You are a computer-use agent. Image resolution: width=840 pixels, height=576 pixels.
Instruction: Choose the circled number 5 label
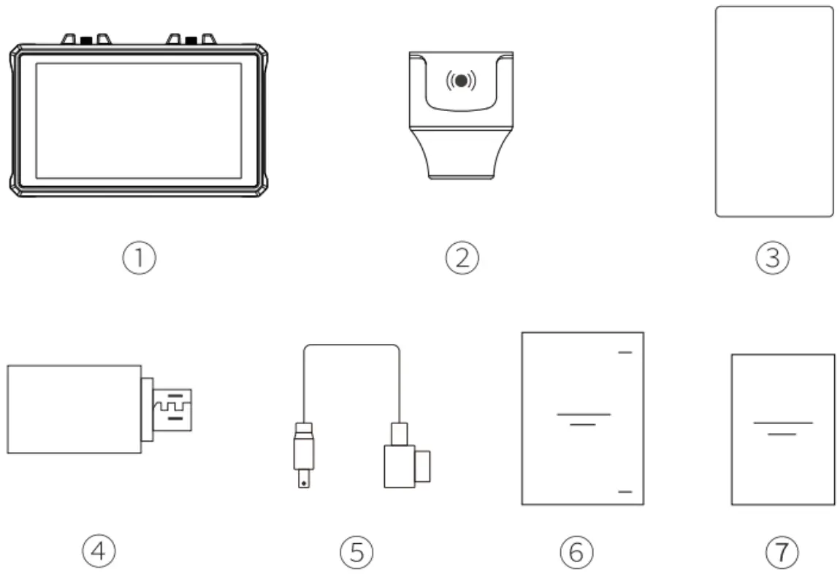356,552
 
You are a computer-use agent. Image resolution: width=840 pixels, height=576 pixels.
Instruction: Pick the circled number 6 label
576,552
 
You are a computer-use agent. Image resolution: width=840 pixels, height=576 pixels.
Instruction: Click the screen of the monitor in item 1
138,120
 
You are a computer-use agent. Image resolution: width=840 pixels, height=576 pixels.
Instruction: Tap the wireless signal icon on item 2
461,80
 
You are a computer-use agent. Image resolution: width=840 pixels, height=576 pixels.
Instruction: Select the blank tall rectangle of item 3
774,112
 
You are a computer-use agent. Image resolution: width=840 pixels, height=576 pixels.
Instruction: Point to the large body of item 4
73,409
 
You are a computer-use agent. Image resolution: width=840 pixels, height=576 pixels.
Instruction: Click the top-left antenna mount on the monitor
86,39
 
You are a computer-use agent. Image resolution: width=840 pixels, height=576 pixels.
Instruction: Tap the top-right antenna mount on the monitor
192,39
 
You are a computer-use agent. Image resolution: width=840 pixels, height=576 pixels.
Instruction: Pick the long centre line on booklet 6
583,414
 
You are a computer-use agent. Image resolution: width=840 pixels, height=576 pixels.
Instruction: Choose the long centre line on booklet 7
782,423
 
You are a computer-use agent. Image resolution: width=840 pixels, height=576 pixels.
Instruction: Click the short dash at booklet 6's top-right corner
625,353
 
